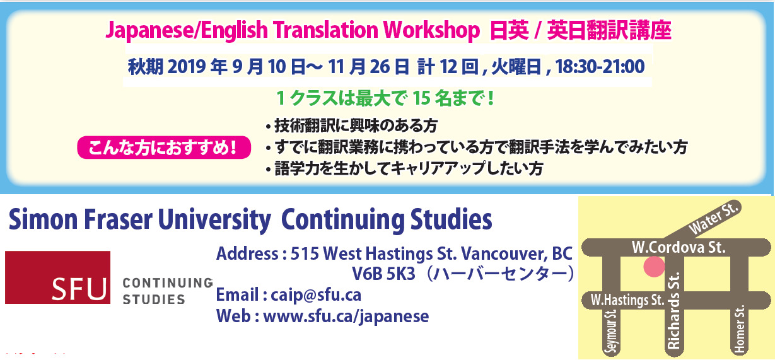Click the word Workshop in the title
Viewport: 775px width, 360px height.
431,31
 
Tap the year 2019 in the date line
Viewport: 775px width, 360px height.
187,67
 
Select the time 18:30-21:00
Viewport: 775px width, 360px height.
600,66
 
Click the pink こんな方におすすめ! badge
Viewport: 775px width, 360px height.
164,148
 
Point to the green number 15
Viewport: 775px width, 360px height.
421,98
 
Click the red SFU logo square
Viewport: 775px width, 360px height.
58,277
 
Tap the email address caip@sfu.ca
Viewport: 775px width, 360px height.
316,295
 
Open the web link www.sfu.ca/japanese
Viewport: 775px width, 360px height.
346,316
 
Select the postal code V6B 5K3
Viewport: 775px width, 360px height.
383,274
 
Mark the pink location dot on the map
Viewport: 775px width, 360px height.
654,266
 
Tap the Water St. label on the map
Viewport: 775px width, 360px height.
713,219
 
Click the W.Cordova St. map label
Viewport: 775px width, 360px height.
679,247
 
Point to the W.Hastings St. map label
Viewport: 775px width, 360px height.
627,300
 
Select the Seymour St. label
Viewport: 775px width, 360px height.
612,332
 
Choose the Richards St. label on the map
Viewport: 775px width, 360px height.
673,311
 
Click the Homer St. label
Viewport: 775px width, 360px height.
739,329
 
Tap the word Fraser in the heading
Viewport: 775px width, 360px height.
118,219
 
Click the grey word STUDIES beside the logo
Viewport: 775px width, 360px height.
154,299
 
